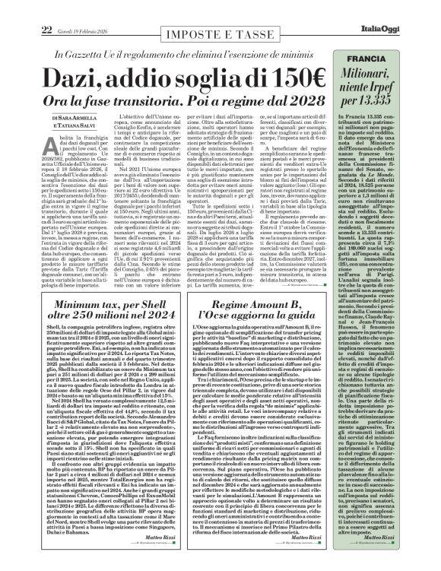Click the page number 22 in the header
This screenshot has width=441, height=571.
click(x=12, y=8)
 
